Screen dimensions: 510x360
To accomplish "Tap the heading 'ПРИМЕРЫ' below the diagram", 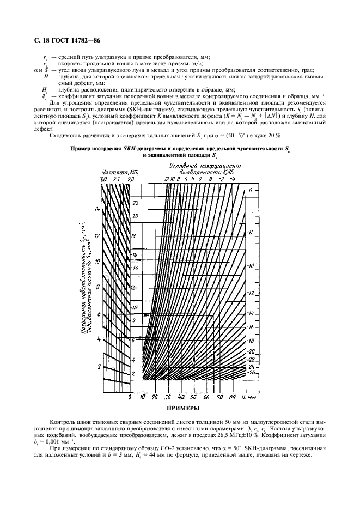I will coord(179,408).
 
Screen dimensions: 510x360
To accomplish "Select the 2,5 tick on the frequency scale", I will coord(117,179).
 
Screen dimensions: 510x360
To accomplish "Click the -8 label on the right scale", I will coord(250,232).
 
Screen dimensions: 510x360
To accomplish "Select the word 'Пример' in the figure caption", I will coord(83,149).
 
